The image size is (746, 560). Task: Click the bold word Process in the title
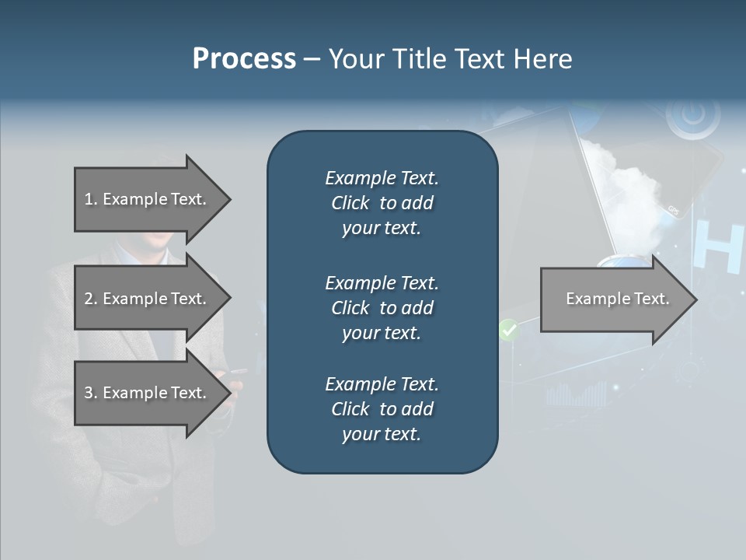pyautogui.click(x=244, y=58)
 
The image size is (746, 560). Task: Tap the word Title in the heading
pyautogui.click(x=422, y=58)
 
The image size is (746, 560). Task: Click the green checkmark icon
pyautogui.click(x=508, y=331)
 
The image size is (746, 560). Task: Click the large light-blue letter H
pyautogui.click(x=719, y=247)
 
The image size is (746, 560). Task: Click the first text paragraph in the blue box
pyautogui.click(x=382, y=203)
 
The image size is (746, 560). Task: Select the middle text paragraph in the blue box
pyautogui.click(x=382, y=308)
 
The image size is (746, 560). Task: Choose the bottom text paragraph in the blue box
pyautogui.click(x=382, y=409)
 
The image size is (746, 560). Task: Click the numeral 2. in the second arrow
pyautogui.click(x=90, y=299)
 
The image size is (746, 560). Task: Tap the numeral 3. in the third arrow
pyautogui.click(x=90, y=393)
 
